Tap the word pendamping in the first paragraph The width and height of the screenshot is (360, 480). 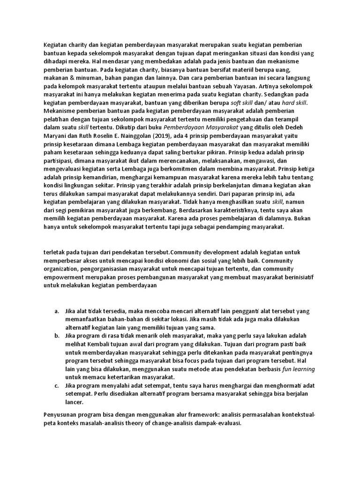tap(225, 226)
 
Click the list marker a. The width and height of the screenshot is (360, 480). tap(57, 311)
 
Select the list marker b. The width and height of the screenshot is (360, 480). tap(57, 336)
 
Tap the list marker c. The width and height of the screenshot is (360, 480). tap(57, 385)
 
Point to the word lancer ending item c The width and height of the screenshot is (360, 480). tap(74, 402)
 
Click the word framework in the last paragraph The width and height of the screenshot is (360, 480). tap(180, 415)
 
